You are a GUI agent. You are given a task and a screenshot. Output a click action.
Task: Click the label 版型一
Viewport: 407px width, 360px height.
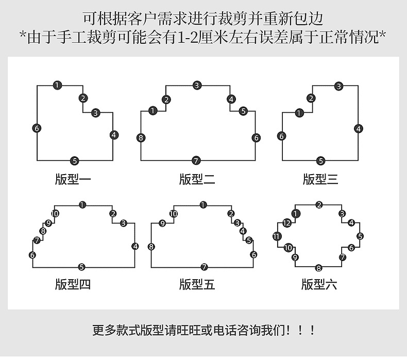tap(73, 179)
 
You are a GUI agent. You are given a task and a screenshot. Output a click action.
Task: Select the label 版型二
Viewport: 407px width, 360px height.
tap(197, 179)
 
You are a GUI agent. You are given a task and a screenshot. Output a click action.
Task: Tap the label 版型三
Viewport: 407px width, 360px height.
tap(320, 179)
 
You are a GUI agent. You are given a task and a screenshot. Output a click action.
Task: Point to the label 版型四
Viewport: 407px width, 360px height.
tap(73, 284)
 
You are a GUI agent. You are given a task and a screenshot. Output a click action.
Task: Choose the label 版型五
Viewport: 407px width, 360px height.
tap(197, 284)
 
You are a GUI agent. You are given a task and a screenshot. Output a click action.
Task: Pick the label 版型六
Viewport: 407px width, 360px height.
tap(319, 284)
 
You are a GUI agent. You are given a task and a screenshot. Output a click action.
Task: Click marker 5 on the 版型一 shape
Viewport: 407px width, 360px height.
tap(75, 161)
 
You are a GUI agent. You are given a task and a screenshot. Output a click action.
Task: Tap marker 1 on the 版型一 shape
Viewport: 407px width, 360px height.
tap(57, 85)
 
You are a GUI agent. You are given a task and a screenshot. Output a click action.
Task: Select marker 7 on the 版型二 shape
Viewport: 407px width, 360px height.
tap(196, 160)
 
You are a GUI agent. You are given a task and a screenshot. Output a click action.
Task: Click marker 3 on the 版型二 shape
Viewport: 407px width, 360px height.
tap(197, 85)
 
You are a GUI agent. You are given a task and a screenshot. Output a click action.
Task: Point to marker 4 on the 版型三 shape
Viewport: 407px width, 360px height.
tap(359, 129)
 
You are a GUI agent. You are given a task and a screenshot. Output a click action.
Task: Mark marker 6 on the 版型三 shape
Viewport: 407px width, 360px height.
tap(281, 136)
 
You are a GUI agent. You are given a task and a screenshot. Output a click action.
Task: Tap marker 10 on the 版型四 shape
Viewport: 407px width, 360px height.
tap(55, 214)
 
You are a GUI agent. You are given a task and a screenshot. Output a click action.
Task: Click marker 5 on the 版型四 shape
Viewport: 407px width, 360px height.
tap(81, 267)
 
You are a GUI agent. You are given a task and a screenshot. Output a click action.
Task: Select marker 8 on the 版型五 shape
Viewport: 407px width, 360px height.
tap(151, 247)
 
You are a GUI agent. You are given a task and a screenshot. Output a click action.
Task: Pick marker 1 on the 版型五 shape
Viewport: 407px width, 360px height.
tap(203, 205)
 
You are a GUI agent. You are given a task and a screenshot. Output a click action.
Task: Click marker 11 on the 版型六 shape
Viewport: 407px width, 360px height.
tap(277, 236)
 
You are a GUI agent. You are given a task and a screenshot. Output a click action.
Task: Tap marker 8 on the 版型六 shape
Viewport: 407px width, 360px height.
tap(319, 268)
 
